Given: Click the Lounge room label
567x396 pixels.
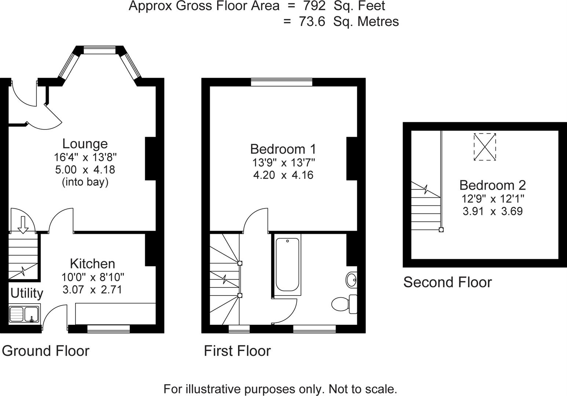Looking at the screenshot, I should coord(85,144).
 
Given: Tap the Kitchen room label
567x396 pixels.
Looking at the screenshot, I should coord(92,264).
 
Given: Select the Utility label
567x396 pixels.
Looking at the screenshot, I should coord(26,293).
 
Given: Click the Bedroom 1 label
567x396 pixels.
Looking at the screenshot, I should coord(283,149).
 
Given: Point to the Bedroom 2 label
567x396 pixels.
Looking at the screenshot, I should coord(492,185).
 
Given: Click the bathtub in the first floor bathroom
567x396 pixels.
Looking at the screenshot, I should coord(287,265).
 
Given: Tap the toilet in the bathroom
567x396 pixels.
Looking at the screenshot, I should coord(344,304).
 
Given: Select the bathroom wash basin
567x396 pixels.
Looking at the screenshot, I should coord(351,280).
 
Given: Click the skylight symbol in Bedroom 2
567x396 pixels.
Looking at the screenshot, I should coord(484,147).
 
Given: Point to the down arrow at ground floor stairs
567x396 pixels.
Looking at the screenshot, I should coord(23,224).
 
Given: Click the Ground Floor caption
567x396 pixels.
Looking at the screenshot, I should coord(45,351).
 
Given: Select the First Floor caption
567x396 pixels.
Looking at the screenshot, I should coord(237,351).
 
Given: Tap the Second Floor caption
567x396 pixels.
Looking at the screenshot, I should coord(447,282).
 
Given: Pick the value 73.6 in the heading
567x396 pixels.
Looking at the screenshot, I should coord(312,22).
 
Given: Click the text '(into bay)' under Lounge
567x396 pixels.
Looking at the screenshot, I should coord(85,182).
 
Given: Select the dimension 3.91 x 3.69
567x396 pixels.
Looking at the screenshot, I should coord(492,211).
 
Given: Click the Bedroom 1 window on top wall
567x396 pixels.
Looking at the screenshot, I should coord(281,82).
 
